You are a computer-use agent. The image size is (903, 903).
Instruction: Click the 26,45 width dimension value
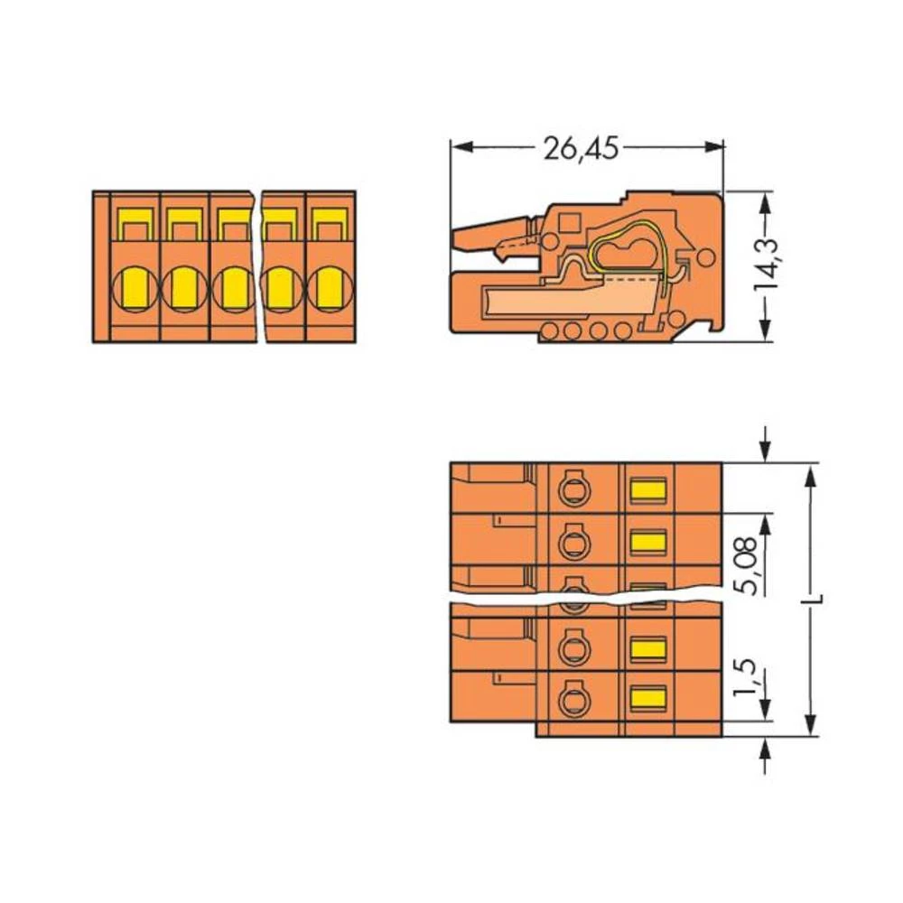coord(581,147)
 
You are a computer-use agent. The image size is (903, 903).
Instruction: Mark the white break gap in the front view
coord(257,266)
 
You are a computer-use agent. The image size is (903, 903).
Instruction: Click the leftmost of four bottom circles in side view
coord(549,331)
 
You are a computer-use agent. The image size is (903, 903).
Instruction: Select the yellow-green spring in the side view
coord(632,248)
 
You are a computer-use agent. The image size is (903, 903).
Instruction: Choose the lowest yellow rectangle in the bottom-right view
coord(647,697)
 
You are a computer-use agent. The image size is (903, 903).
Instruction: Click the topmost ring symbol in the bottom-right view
coord(571,490)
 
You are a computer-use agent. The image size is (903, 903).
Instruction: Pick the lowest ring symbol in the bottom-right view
coord(571,699)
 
